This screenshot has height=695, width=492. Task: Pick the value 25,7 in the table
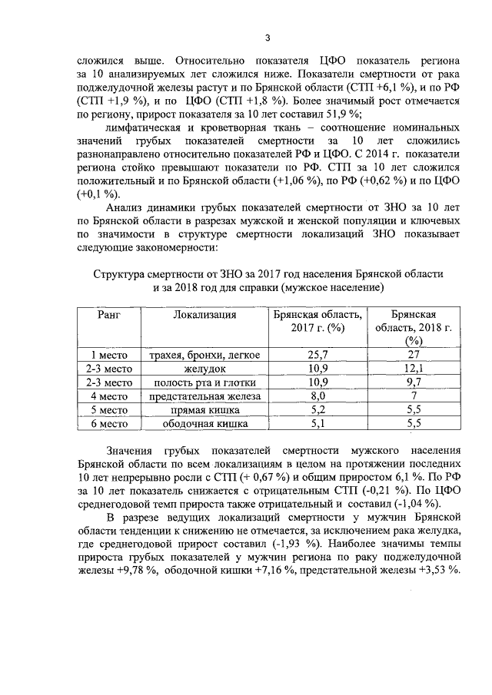tap(317, 355)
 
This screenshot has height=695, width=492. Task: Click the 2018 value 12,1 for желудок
tap(414, 369)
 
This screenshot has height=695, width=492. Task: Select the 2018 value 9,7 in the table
tap(414, 382)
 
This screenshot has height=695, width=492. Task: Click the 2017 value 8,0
tap(317, 396)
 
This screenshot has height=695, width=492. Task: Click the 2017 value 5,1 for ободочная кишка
tap(317, 423)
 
